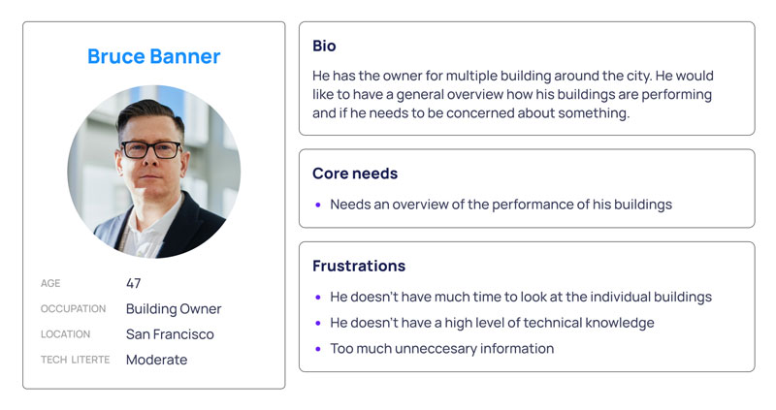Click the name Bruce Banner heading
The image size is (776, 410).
pos(154,56)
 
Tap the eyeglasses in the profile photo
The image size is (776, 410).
pos(151,150)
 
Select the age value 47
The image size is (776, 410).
pos(133,283)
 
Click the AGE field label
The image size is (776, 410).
pos(50,283)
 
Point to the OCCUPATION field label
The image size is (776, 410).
pos(74,308)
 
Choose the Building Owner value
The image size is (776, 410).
pos(174,308)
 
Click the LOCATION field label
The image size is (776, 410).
pos(65,334)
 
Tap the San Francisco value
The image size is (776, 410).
pos(170,334)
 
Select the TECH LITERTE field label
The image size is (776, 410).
pos(76,360)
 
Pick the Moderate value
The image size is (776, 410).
pos(156,360)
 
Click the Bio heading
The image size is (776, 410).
pos(324,46)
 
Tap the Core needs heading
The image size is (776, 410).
pos(355,173)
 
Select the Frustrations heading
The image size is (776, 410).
pos(359,267)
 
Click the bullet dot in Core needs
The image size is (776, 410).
pos(318,205)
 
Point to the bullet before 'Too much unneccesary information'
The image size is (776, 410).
pos(318,349)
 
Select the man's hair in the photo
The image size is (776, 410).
pos(148,112)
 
